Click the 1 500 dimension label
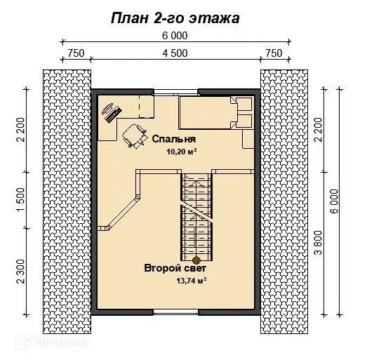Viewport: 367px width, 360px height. (21, 199)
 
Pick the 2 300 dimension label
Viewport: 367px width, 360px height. (21, 270)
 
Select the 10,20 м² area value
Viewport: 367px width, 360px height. (180, 152)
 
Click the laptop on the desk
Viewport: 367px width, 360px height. (111, 110)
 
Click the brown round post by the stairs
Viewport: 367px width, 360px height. (187, 259)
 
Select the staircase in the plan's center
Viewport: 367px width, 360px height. (196, 214)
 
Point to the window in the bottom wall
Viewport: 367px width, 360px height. (175, 311)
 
